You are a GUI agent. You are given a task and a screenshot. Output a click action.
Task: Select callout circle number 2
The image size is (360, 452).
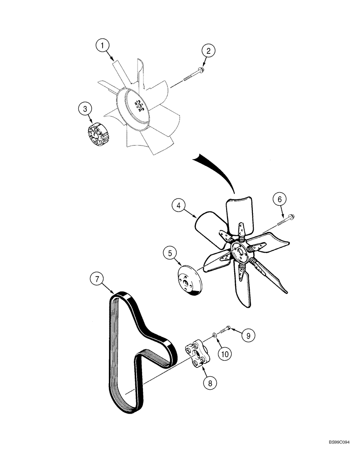point(208,51)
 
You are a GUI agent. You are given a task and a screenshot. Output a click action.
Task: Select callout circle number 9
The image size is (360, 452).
point(248,335)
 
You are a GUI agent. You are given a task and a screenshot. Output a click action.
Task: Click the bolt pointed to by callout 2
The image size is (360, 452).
point(192,75)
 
